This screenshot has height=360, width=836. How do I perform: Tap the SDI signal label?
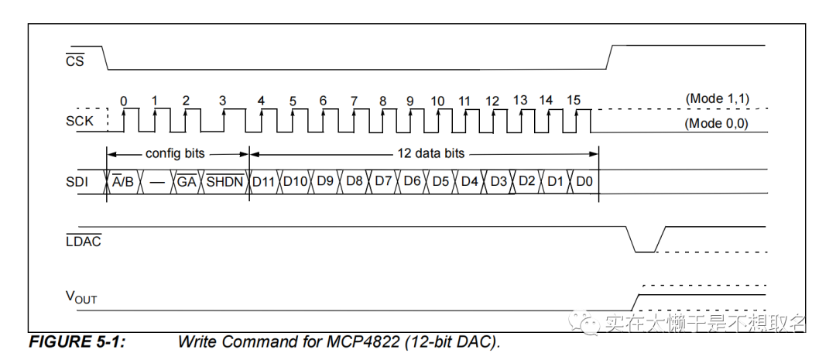[78, 181]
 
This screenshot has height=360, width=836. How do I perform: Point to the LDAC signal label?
[83, 241]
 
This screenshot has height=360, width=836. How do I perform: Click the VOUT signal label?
[81, 297]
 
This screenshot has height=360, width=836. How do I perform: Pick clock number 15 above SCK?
[573, 101]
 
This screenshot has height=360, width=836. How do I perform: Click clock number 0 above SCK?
[124, 101]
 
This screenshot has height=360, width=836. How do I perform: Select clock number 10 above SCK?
[437, 101]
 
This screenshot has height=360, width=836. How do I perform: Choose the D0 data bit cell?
[584, 181]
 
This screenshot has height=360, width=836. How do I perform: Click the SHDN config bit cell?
[224, 181]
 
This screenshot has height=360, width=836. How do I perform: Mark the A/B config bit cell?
[122, 181]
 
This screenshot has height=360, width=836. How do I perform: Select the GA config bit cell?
[187, 181]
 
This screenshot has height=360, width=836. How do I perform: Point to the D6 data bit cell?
[412, 181]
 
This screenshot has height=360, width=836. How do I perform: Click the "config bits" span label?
[175, 153]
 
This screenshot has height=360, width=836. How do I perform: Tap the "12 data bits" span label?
[430, 153]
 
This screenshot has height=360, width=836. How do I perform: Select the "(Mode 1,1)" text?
[717, 99]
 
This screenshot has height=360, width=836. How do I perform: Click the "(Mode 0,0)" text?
[717, 123]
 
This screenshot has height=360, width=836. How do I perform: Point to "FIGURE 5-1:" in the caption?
[77, 341]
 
